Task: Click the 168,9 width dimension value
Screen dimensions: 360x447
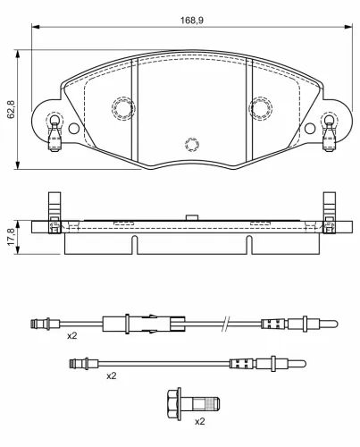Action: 192,21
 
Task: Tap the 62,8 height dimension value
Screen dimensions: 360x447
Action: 11,109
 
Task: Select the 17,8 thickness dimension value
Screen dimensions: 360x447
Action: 11,237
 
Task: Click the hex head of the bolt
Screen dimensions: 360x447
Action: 174,404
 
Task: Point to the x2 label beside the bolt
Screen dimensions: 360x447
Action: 200,421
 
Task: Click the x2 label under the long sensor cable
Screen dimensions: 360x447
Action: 72,336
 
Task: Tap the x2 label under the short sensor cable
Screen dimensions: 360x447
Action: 112,376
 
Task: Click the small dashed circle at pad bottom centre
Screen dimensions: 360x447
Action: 192,145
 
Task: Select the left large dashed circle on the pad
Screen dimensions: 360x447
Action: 123,108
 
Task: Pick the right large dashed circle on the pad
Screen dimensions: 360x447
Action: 261,108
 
